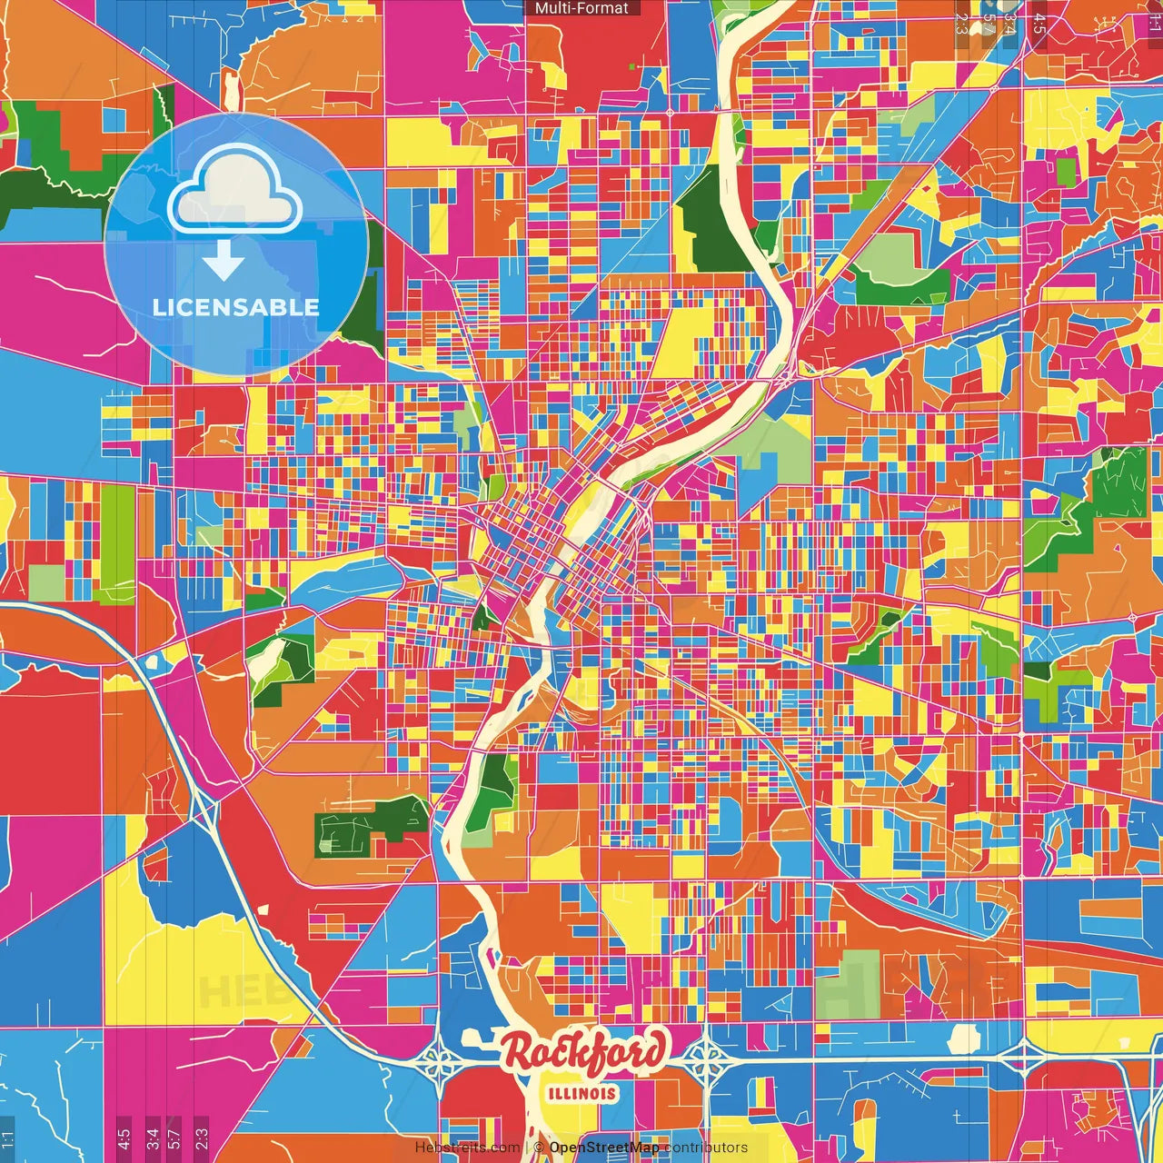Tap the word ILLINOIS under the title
tap(582, 1093)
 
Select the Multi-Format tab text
tap(581, 8)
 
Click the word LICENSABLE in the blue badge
tap(236, 307)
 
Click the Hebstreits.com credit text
tap(467, 1148)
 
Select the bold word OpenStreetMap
tap(604, 1148)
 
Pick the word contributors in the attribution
tap(706, 1148)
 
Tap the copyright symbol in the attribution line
tap(538, 1148)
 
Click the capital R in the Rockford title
tap(520, 1052)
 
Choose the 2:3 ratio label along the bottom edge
tap(202, 1138)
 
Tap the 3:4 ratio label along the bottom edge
tap(153, 1138)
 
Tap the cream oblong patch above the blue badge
tap(232, 88)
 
